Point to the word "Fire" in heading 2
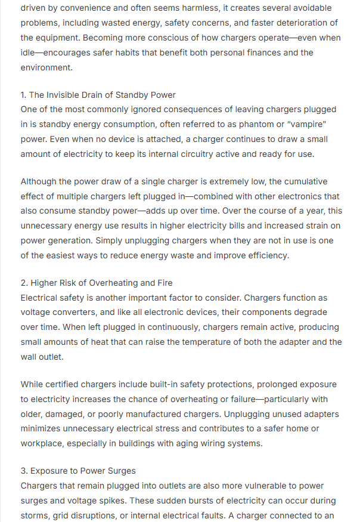click(x=163, y=283)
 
